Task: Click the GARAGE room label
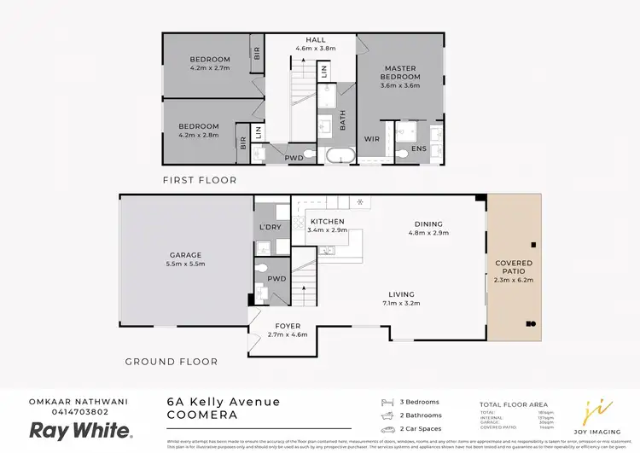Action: [185, 255]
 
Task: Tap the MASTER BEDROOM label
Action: [399, 73]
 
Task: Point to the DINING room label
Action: [428, 222]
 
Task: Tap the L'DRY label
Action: [270, 227]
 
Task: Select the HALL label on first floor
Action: [315, 39]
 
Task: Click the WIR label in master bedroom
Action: [371, 138]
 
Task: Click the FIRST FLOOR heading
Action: [199, 181]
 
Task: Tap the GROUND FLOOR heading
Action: [171, 362]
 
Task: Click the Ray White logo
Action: [80, 430]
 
